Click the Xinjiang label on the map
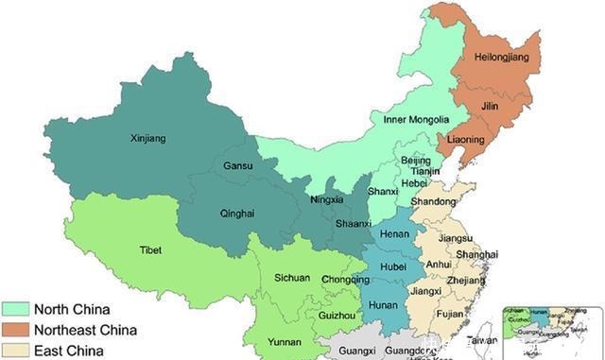coord(147,138)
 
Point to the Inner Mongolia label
coord(414,120)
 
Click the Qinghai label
coord(237,214)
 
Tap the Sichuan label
coord(292,279)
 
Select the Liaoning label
coord(464,140)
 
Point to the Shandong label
coord(432,201)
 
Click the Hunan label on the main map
coord(383,304)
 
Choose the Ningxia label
coord(326,200)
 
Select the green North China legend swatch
coord(15,309)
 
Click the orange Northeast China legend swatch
coord(15,331)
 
